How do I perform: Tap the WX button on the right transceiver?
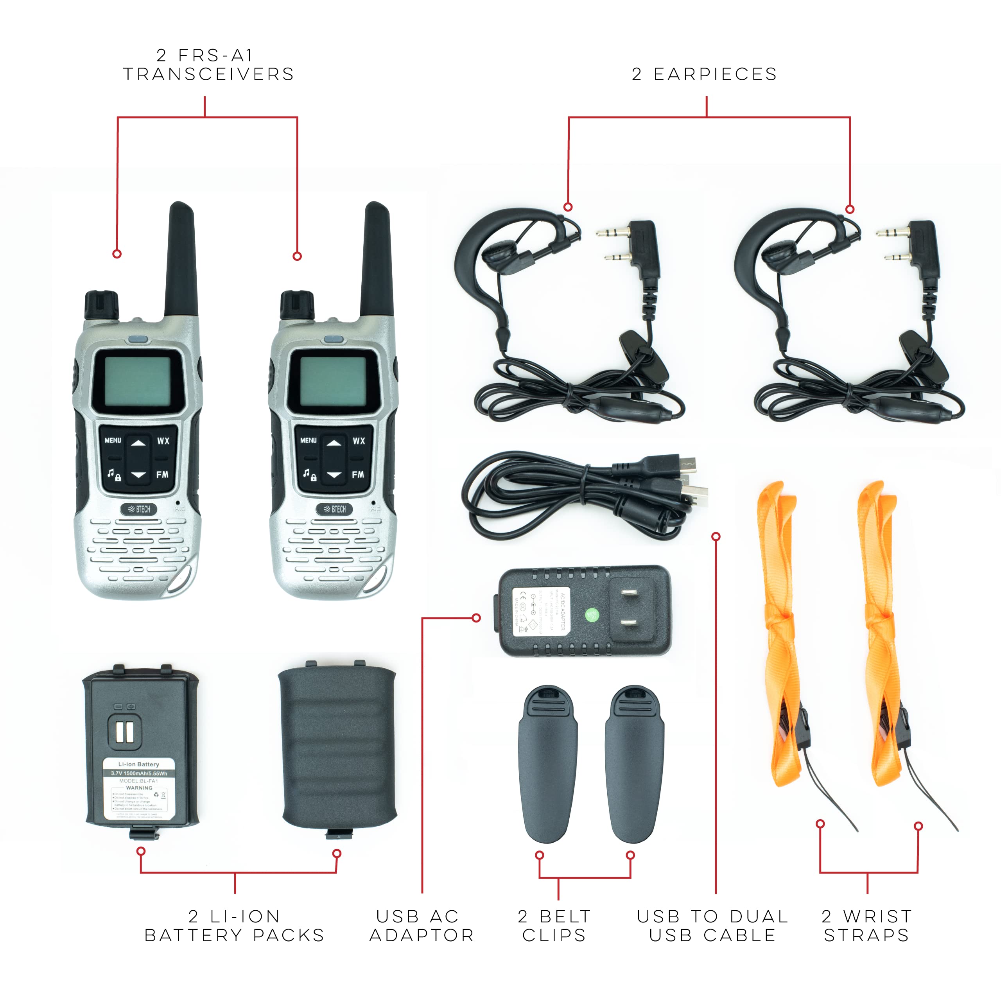[359, 441]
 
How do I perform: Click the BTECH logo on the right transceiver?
[335, 509]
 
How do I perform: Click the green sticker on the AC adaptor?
[592, 615]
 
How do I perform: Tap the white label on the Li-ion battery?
[139, 789]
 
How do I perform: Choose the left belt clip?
[548, 764]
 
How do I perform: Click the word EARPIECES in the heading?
[716, 75]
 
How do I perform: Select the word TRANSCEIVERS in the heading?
[209, 75]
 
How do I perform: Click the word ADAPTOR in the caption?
[422, 935]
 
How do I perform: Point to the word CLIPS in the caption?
[554, 935]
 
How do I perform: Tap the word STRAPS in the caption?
[866, 935]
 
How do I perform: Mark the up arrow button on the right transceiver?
[334, 443]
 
